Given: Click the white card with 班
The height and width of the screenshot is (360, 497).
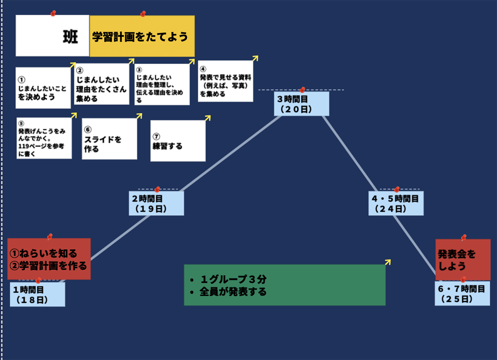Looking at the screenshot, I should pos(53,36).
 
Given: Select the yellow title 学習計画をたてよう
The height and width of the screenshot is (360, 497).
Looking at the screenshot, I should pos(142,36).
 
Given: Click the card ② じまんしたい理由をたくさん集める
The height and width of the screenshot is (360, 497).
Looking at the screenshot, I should pos(102,84).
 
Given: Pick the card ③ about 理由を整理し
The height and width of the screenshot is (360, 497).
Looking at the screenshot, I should pos(162,85).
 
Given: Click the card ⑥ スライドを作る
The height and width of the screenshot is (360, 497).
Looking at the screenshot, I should pos(109,139).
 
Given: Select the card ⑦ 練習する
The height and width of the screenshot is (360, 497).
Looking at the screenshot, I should pos(178,141).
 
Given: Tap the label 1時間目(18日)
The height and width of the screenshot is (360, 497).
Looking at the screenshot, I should pos(37,294).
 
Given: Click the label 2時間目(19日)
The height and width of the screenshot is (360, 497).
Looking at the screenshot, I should pos(156,204).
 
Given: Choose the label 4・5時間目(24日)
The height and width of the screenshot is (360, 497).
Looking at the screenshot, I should pos(396,204).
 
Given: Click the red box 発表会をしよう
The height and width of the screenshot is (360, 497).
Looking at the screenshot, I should pos(463,260).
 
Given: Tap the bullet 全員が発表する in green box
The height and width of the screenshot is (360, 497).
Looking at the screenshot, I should pos(233,292).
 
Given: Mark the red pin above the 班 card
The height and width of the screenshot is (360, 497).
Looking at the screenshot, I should pos(53,13).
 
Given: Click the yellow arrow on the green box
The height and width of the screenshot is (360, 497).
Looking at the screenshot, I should pos(388,262).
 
